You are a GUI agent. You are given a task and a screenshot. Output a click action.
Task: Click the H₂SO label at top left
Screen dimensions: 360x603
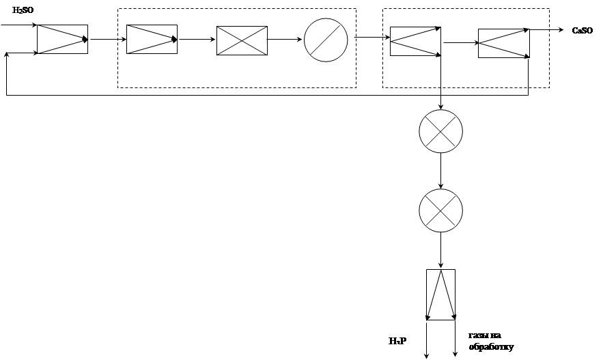click(24, 11)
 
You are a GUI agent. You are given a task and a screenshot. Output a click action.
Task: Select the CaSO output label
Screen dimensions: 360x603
click(583, 31)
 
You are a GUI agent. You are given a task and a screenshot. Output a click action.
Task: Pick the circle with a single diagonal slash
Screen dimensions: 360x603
click(326, 39)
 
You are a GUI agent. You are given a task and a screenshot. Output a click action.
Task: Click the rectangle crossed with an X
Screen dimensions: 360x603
click(242, 40)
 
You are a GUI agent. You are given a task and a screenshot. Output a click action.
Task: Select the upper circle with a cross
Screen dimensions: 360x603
click(440, 130)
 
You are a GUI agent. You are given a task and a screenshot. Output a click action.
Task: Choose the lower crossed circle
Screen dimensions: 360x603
click(440, 210)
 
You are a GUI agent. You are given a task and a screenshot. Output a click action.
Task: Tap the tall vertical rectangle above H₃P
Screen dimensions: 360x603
click(440, 294)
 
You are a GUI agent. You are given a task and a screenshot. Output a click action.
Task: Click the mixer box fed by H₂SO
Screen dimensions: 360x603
click(62, 40)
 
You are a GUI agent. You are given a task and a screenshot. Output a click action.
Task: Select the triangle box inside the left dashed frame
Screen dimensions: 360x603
click(152, 39)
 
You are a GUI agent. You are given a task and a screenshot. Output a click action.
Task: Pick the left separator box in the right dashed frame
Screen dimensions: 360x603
click(415, 41)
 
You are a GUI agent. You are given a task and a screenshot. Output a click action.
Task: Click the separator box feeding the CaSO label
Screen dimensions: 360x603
click(503, 43)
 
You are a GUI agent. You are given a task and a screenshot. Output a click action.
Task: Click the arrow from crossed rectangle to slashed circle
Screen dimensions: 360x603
click(285, 40)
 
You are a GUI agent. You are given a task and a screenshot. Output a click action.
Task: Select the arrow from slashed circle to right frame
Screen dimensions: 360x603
click(369, 38)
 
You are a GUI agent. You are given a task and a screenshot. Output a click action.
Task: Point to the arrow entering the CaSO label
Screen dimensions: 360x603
click(546, 30)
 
